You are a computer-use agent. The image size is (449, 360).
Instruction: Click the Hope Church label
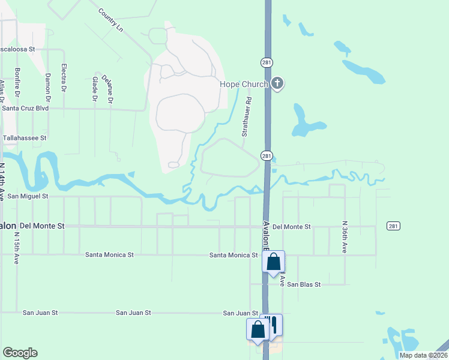pyautogui.click(x=244, y=84)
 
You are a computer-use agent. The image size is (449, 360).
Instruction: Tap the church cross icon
pyautogui.click(x=277, y=83)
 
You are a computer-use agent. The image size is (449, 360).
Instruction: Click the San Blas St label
pyautogui.click(x=304, y=284)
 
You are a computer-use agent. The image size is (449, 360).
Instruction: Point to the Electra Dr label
pyautogui.click(x=64, y=79)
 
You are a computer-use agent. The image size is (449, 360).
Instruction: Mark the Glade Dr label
pyautogui.click(x=95, y=89)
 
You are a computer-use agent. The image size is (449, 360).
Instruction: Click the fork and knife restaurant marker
pyautogui.click(x=273, y=325)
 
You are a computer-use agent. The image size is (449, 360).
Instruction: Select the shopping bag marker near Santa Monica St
pyautogui.click(x=273, y=262)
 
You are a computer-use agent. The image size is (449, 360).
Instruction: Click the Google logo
pyautogui.click(x=20, y=353)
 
